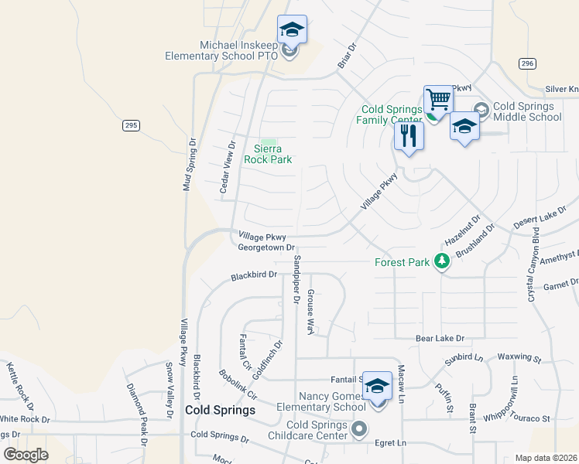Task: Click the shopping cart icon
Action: [x=438, y=99]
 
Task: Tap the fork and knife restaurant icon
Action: [x=409, y=136]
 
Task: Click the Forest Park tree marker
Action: [x=442, y=262]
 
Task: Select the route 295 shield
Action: [x=131, y=125]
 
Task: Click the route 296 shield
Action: [x=527, y=63]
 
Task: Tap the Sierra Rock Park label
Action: [x=268, y=154]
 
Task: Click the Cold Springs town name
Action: [x=220, y=411]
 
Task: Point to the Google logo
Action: [x=26, y=455]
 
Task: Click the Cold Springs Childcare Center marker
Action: [x=359, y=428]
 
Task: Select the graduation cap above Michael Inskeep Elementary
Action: [x=292, y=29]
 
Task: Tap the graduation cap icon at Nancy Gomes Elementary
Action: [x=377, y=385]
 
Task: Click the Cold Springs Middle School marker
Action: [x=481, y=111]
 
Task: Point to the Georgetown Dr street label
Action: [x=266, y=248]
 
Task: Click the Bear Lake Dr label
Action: [x=440, y=339]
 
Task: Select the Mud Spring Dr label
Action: [x=187, y=165]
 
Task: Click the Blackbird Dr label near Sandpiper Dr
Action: [x=254, y=275]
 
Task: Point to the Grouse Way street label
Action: [x=310, y=312]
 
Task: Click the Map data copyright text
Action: [x=546, y=458]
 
